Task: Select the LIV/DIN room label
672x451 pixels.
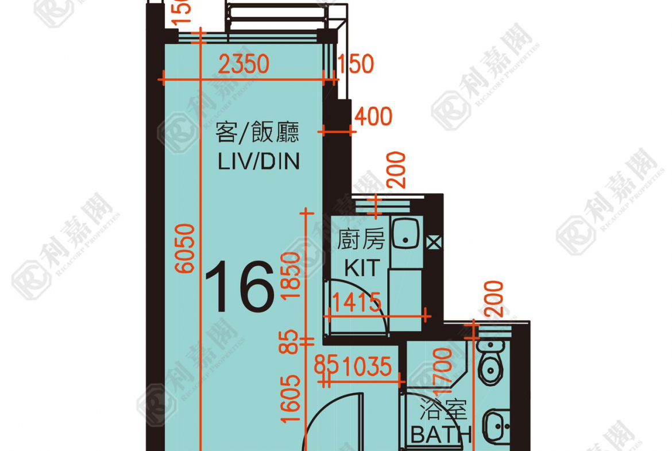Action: (x=258, y=161)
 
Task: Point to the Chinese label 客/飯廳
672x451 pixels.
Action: (x=257, y=133)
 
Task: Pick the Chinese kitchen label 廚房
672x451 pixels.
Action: (x=361, y=240)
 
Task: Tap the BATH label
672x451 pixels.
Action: (x=441, y=435)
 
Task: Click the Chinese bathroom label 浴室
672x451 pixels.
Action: (x=443, y=410)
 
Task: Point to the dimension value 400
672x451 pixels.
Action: (x=373, y=117)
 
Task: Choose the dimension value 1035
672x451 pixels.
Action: (x=369, y=366)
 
